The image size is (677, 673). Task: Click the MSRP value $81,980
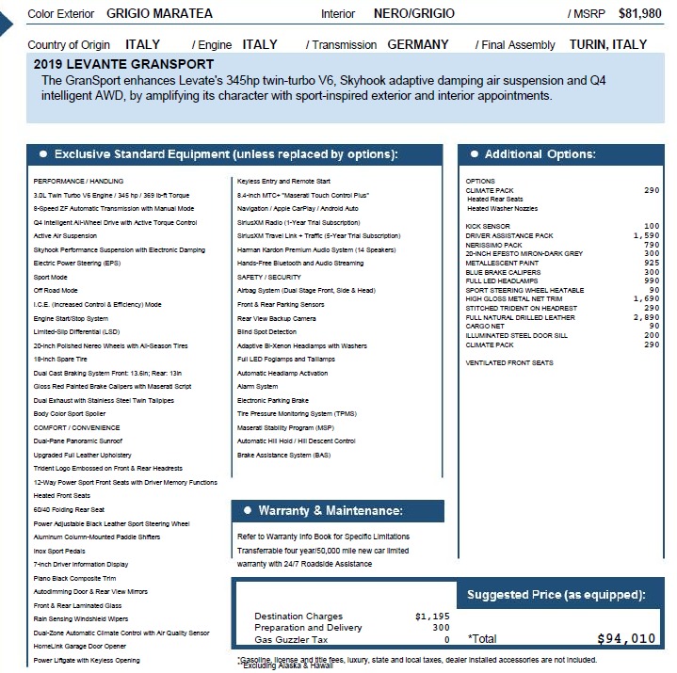coord(639,13)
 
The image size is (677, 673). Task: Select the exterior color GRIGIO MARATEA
coord(159,13)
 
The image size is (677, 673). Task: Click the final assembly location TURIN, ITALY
coord(608,44)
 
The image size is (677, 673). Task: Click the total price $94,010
coord(626,638)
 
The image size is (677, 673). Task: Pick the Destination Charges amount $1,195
coord(432,617)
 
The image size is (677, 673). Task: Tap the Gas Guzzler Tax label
coord(290,639)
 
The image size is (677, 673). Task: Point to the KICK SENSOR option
coord(488,226)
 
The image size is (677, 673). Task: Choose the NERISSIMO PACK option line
coord(494,245)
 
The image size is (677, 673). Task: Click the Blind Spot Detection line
coord(266,331)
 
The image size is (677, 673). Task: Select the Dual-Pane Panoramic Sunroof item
coord(79,441)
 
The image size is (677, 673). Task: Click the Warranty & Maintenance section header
coord(330,511)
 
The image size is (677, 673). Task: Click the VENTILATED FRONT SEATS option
coord(509,362)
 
